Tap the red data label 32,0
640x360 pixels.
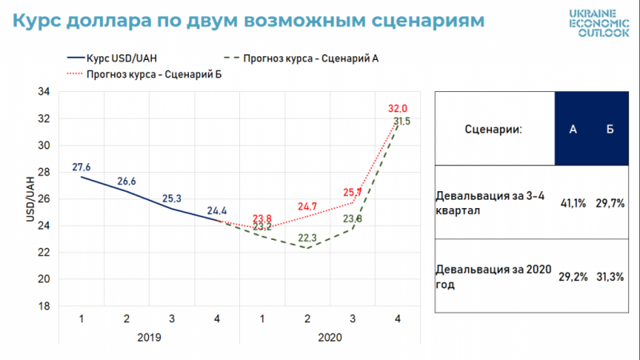click(398, 108)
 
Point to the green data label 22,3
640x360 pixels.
click(307, 238)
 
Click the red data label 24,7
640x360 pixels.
click(307, 206)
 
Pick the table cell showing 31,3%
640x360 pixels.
click(609, 277)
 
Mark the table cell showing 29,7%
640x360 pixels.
click(609, 204)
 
